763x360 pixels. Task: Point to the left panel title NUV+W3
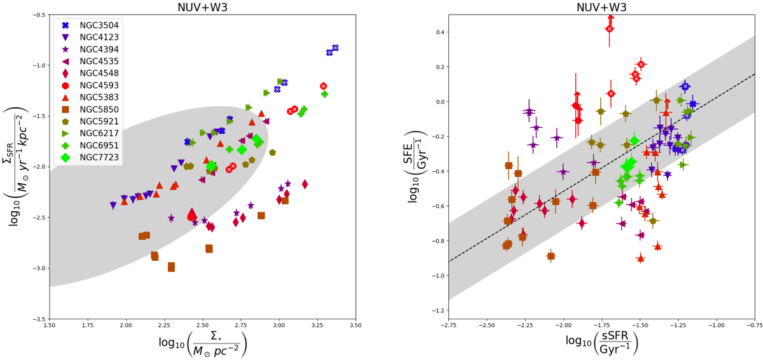pos(202,6)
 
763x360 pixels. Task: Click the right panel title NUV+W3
pos(601,6)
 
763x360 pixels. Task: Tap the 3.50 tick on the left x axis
pos(355,326)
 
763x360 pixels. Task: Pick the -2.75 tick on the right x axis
pos(448,326)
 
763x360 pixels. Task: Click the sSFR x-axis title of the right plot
pos(601,345)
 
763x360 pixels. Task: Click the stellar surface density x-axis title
pos(202,345)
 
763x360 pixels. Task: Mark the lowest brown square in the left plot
pos(171,267)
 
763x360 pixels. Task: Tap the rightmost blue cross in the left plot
pos(335,48)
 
